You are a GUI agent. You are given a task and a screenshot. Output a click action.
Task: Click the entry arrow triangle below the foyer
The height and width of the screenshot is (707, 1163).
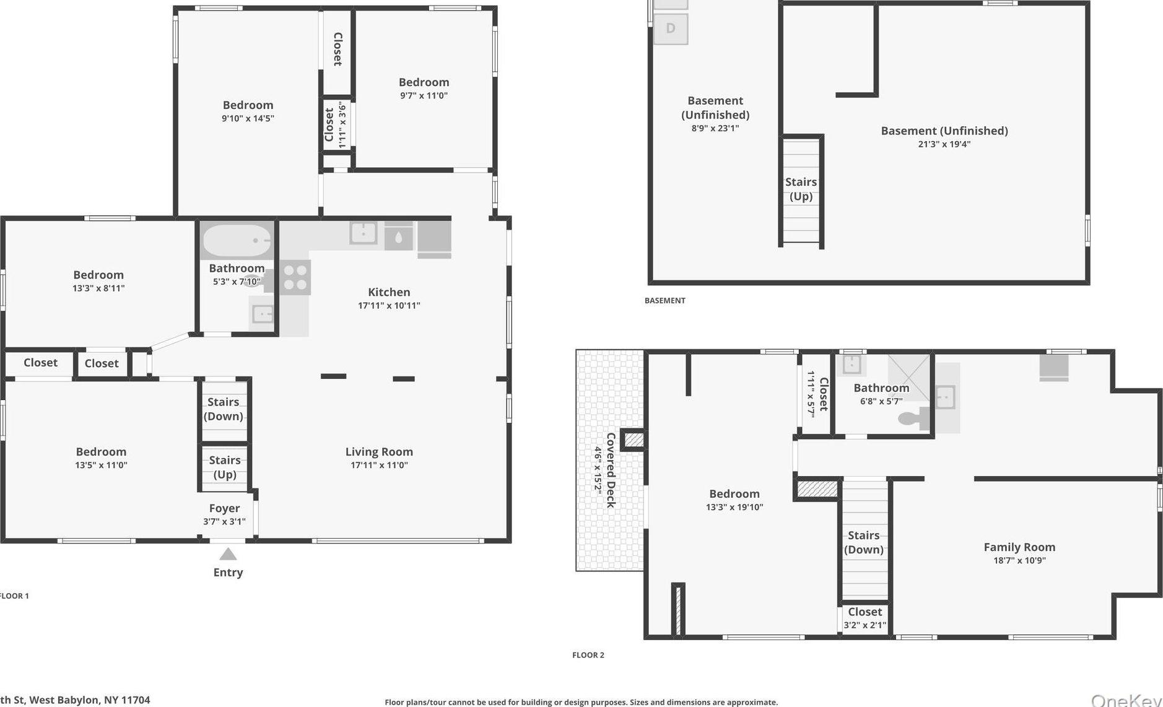(228, 554)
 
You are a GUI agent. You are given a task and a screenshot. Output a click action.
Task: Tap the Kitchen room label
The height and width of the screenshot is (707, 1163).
(389, 292)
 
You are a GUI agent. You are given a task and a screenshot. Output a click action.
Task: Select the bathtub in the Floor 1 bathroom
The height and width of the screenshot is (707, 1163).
(237, 241)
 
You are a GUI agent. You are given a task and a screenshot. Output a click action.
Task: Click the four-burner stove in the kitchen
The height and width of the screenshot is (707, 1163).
(295, 277)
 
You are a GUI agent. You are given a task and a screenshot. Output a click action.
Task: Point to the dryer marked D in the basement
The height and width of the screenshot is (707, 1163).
(671, 28)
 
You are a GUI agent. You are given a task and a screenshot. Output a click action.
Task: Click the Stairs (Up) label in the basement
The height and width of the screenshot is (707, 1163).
(801, 189)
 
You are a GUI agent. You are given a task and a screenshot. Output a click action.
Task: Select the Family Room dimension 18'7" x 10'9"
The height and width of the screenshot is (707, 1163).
(1019, 561)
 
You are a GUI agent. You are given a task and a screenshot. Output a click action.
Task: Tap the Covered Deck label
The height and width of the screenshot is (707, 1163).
(611, 470)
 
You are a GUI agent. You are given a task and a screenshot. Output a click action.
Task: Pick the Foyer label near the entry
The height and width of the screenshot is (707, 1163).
(224, 508)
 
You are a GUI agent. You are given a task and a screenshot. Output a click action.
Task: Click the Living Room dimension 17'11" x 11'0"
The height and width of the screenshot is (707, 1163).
(379, 466)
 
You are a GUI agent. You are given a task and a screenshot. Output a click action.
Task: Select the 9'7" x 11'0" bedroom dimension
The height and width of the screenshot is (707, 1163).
(424, 96)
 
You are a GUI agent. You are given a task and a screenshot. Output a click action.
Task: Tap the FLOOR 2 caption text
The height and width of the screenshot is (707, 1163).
(588, 655)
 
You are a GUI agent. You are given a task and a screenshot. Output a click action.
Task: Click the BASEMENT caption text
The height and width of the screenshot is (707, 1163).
(664, 301)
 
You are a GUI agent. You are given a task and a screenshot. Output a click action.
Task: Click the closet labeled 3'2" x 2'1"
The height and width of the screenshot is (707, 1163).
(865, 618)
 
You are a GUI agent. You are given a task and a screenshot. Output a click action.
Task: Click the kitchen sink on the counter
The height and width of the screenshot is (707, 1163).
(363, 233)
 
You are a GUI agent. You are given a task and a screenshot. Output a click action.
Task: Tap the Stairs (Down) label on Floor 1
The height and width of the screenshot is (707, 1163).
(224, 409)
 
